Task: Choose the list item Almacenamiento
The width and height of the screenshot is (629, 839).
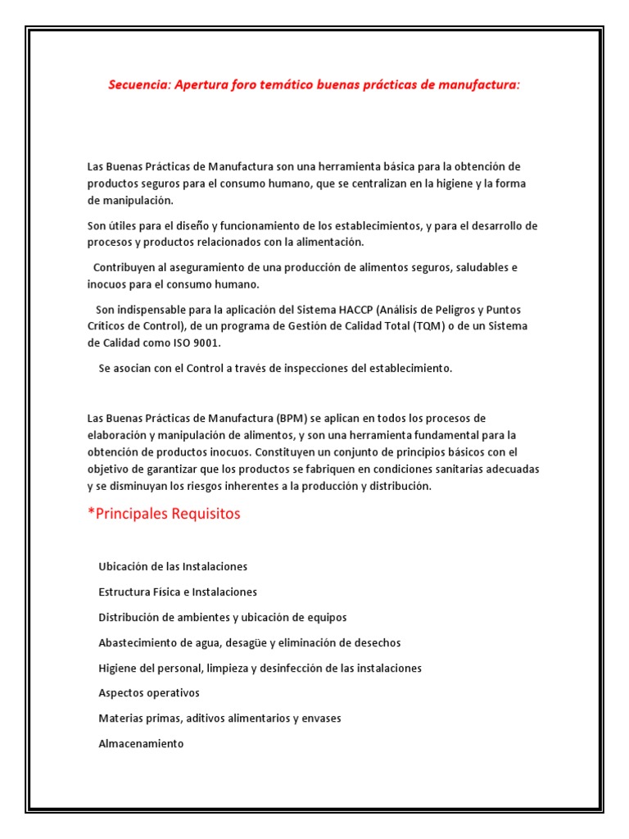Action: [141, 743]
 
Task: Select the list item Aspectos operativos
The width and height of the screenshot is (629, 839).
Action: [148, 692]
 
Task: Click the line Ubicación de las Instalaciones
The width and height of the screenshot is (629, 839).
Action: [172, 566]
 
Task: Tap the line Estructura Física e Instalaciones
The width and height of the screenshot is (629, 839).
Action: [177, 592]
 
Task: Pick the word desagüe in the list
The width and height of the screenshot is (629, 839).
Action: [261, 642]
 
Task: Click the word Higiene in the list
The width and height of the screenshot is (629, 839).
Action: [118, 668]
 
